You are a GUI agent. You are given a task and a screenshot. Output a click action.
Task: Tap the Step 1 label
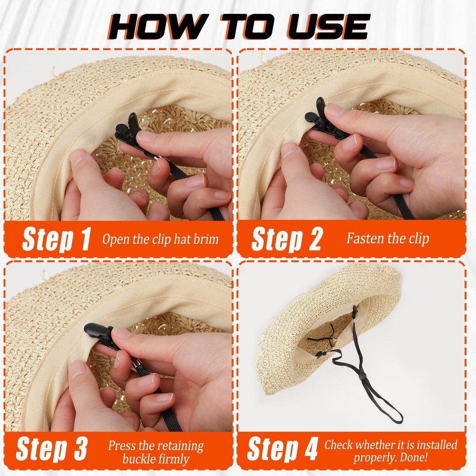click(x=56, y=239)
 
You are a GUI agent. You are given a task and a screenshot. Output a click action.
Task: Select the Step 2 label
click(x=287, y=239)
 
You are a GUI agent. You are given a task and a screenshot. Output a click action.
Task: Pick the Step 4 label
click(x=282, y=449)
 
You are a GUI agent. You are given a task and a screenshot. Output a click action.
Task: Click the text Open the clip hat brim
click(x=160, y=238)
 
